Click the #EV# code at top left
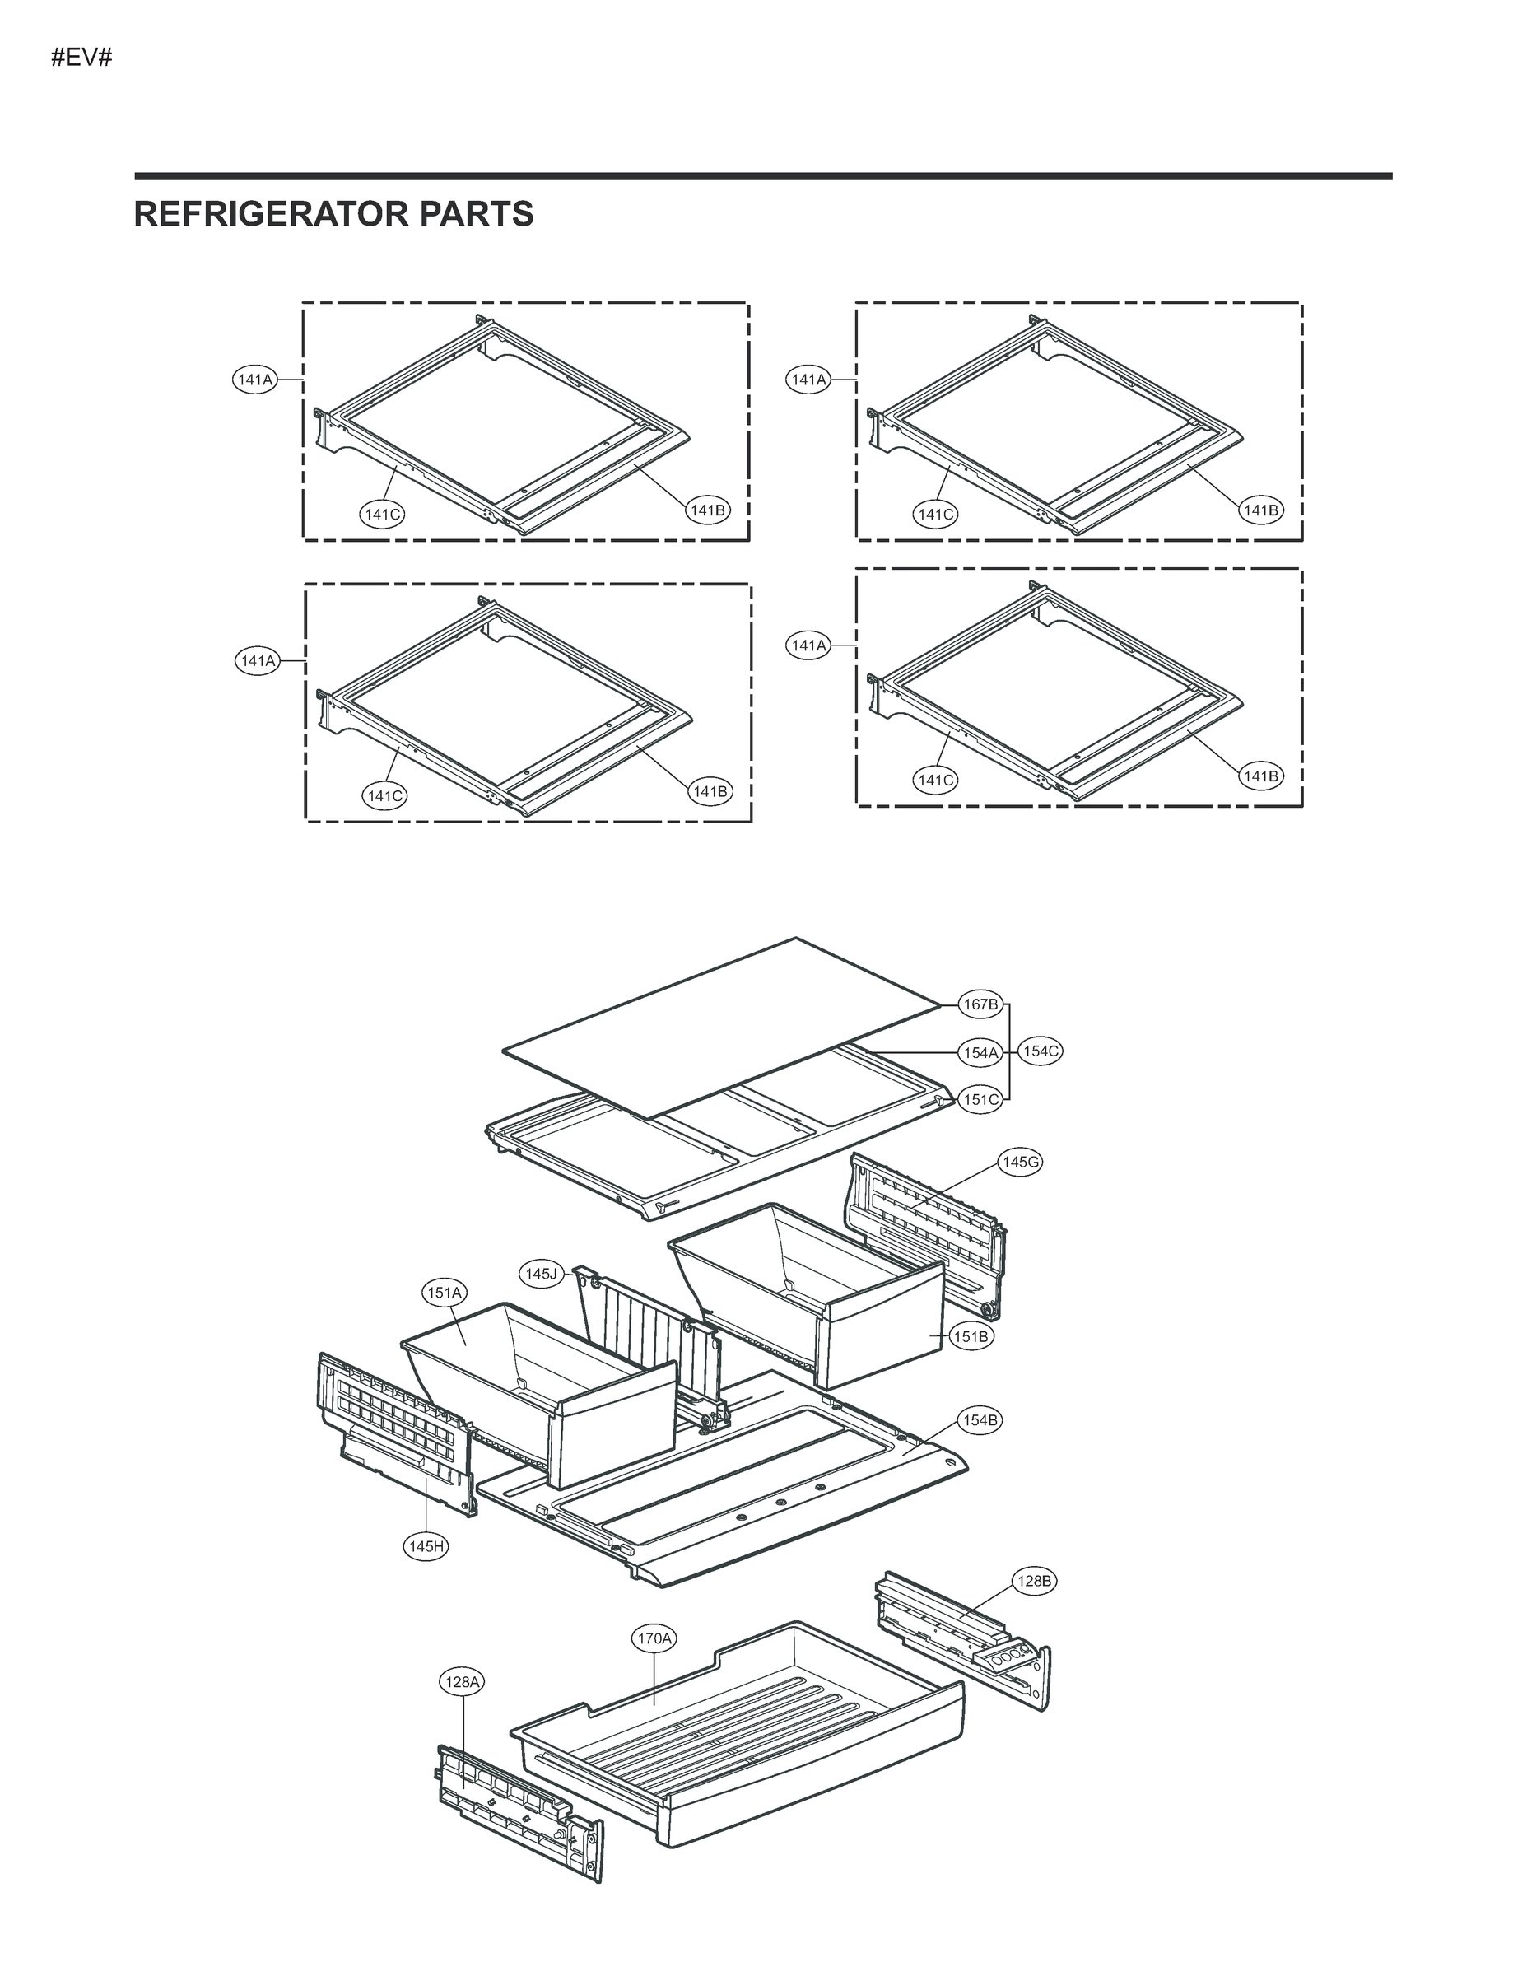[81, 58]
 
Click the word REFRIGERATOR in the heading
[256, 214]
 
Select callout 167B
[980, 1004]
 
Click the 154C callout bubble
[1040, 1051]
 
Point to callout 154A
[980, 1052]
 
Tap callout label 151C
[980, 1100]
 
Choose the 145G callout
[1019, 1162]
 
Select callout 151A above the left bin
[445, 1293]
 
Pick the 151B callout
[971, 1335]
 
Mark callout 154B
[980, 1420]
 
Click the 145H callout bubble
[426, 1546]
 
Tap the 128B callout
[1034, 1582]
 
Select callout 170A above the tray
[654, 1638]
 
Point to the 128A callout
[463, 1682]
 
